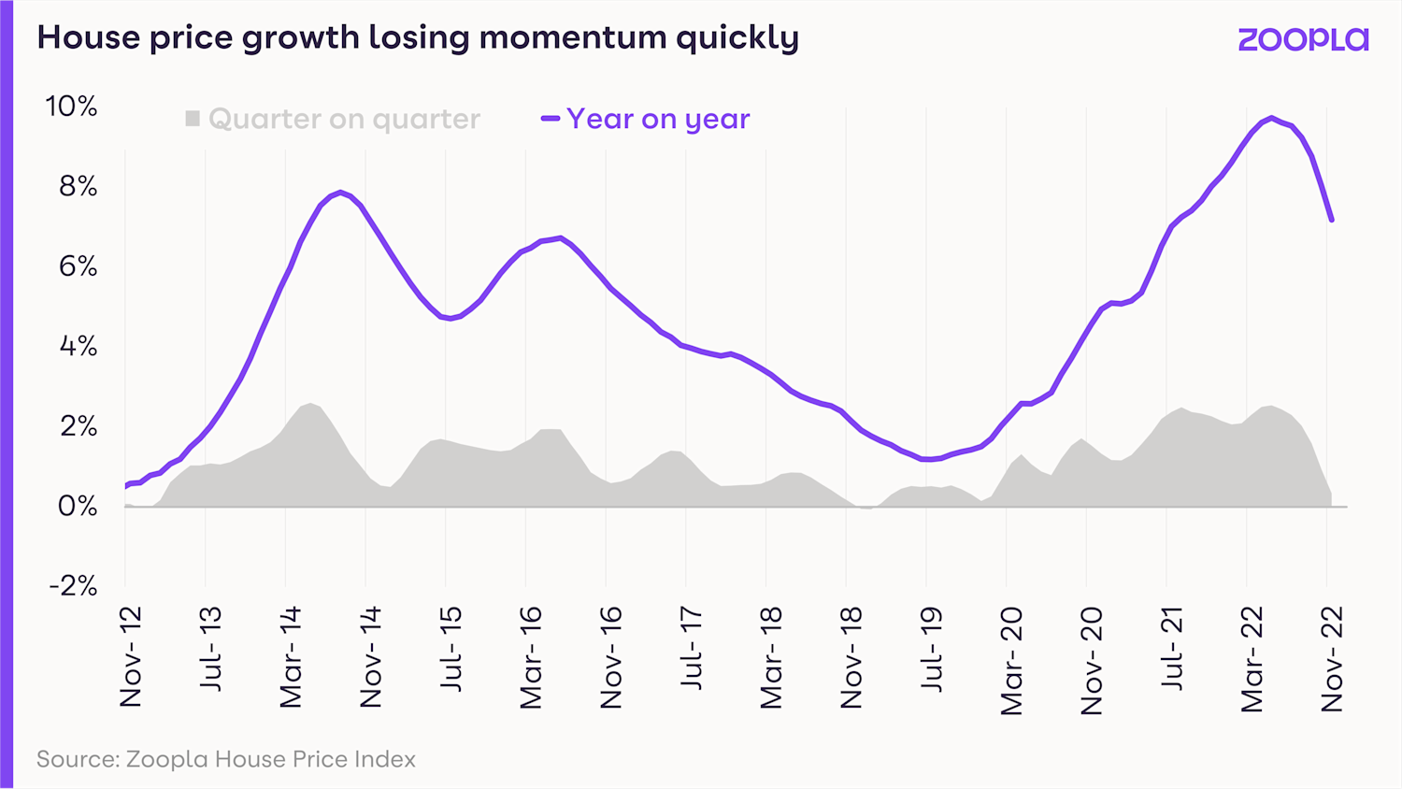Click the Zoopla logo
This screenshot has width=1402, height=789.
(x=1303, y=39)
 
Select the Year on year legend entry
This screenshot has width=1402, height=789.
(x=657, y=119)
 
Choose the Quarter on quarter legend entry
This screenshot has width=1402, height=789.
(x=343, y=119)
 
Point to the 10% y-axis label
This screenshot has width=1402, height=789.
(x=71, y=107)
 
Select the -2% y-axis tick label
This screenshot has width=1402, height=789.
(x=73, y=586)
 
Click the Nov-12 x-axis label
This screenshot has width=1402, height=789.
(x=131, y=656)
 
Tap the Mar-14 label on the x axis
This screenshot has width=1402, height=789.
(x=291, y=657)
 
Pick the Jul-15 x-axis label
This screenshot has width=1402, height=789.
(x=451, y=649)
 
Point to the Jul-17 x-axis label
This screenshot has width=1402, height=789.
(x=691, y=649)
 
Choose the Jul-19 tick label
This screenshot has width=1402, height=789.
(x=931, y=649)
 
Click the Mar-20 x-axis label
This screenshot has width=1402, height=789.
(x=1011, y=661)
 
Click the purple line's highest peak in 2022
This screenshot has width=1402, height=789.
(x=1271, y=118)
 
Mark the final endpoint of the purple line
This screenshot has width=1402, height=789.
(x=1331, y=221)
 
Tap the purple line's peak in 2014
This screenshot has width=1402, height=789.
(x=340, y=193)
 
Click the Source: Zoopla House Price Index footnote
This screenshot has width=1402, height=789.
(x=226, y=759)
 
